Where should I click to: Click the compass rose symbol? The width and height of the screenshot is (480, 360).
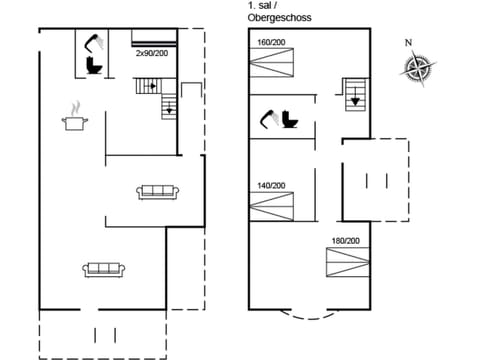coord(417,68)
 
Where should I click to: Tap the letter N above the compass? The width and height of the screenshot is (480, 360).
coord(407,42)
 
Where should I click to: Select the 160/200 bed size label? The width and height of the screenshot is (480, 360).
coord(270,43)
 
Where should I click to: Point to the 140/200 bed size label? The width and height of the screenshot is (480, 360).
coord(270,185)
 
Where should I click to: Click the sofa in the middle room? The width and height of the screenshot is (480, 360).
coord(157,191)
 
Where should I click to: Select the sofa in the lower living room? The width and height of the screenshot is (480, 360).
coord(103,268)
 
